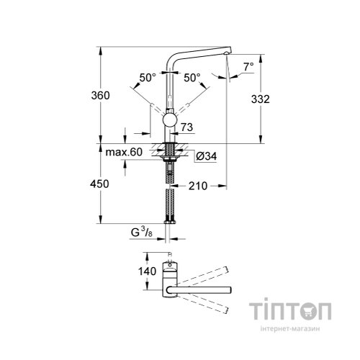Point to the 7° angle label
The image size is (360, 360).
click(248, 67)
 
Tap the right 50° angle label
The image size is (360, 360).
click(191, 77)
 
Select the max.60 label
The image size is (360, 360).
click(125, 153)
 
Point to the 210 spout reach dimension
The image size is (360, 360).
click(199, 185)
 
